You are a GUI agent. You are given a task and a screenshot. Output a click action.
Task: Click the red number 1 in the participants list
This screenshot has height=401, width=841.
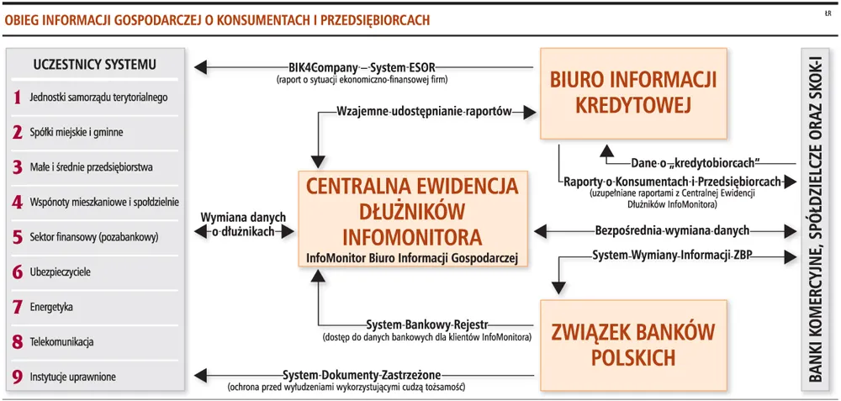(18, 98)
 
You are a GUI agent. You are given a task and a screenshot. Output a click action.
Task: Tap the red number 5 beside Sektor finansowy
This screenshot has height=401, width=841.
(18, 237)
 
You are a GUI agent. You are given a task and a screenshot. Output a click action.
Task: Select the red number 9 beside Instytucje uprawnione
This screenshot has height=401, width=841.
(18, 377)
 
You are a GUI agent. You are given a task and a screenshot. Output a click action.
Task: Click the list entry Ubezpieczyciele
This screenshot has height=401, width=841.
(60, 272)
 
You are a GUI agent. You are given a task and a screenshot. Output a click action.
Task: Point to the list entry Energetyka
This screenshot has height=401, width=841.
(51, 307)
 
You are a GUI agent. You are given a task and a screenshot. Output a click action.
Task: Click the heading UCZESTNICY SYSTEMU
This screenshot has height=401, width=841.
(95, 65)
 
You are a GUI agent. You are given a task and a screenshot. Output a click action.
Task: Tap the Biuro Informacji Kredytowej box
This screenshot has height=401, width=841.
(633, 93)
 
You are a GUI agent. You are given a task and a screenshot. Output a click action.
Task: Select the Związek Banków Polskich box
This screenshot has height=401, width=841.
(633, 344)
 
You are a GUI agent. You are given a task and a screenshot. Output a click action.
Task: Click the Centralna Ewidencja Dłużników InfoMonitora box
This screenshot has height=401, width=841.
(411, 219)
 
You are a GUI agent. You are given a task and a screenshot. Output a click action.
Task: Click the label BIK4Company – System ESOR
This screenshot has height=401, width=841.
(362, 68)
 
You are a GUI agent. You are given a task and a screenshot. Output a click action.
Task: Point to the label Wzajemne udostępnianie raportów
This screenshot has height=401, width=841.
(424, 112)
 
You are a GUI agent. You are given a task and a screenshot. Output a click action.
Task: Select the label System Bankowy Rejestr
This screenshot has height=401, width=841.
(427, 324)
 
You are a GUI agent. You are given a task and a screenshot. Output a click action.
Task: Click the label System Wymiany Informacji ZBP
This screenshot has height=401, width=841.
(671, 256)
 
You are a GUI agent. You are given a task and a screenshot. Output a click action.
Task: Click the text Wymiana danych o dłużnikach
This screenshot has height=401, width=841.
(243, 224)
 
